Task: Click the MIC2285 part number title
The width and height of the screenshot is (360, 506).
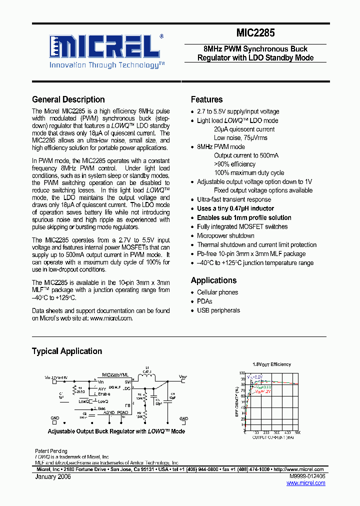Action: pos(255,33)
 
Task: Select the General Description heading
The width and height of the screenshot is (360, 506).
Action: pos(68,99)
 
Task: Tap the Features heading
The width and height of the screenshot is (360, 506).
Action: pos(206,99)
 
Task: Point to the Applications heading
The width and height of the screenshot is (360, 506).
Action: pos(213,280)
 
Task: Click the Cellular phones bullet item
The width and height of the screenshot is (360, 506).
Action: pos(217,292)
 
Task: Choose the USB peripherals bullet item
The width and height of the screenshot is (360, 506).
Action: pos(218,310)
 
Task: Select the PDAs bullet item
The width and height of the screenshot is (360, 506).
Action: pos(204,301)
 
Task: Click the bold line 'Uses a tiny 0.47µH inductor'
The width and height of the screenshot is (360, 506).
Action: pos(235,208)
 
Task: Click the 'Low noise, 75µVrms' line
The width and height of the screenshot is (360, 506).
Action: pos(240,137)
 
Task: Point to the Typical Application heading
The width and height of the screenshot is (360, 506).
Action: pos(67,351)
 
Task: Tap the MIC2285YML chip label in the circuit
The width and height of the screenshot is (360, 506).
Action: pos(115,374)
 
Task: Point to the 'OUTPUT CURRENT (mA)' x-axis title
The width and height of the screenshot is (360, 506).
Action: pos(272,437)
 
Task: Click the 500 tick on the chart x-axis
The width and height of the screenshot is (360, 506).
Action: pos(297,433)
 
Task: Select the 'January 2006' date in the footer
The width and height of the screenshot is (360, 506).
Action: pos(53,477)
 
